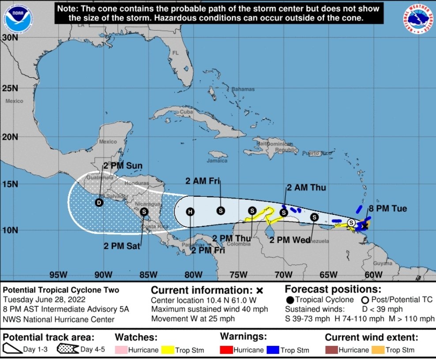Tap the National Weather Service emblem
click(417, 19)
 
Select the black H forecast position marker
click(190, 211)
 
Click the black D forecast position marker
click(99, 202)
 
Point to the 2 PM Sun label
click(123, 166)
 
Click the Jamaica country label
click(217, 161)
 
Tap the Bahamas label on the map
click(243, 89)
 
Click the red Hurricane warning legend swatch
click(226, 350)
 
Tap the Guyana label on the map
click(382, 263)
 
